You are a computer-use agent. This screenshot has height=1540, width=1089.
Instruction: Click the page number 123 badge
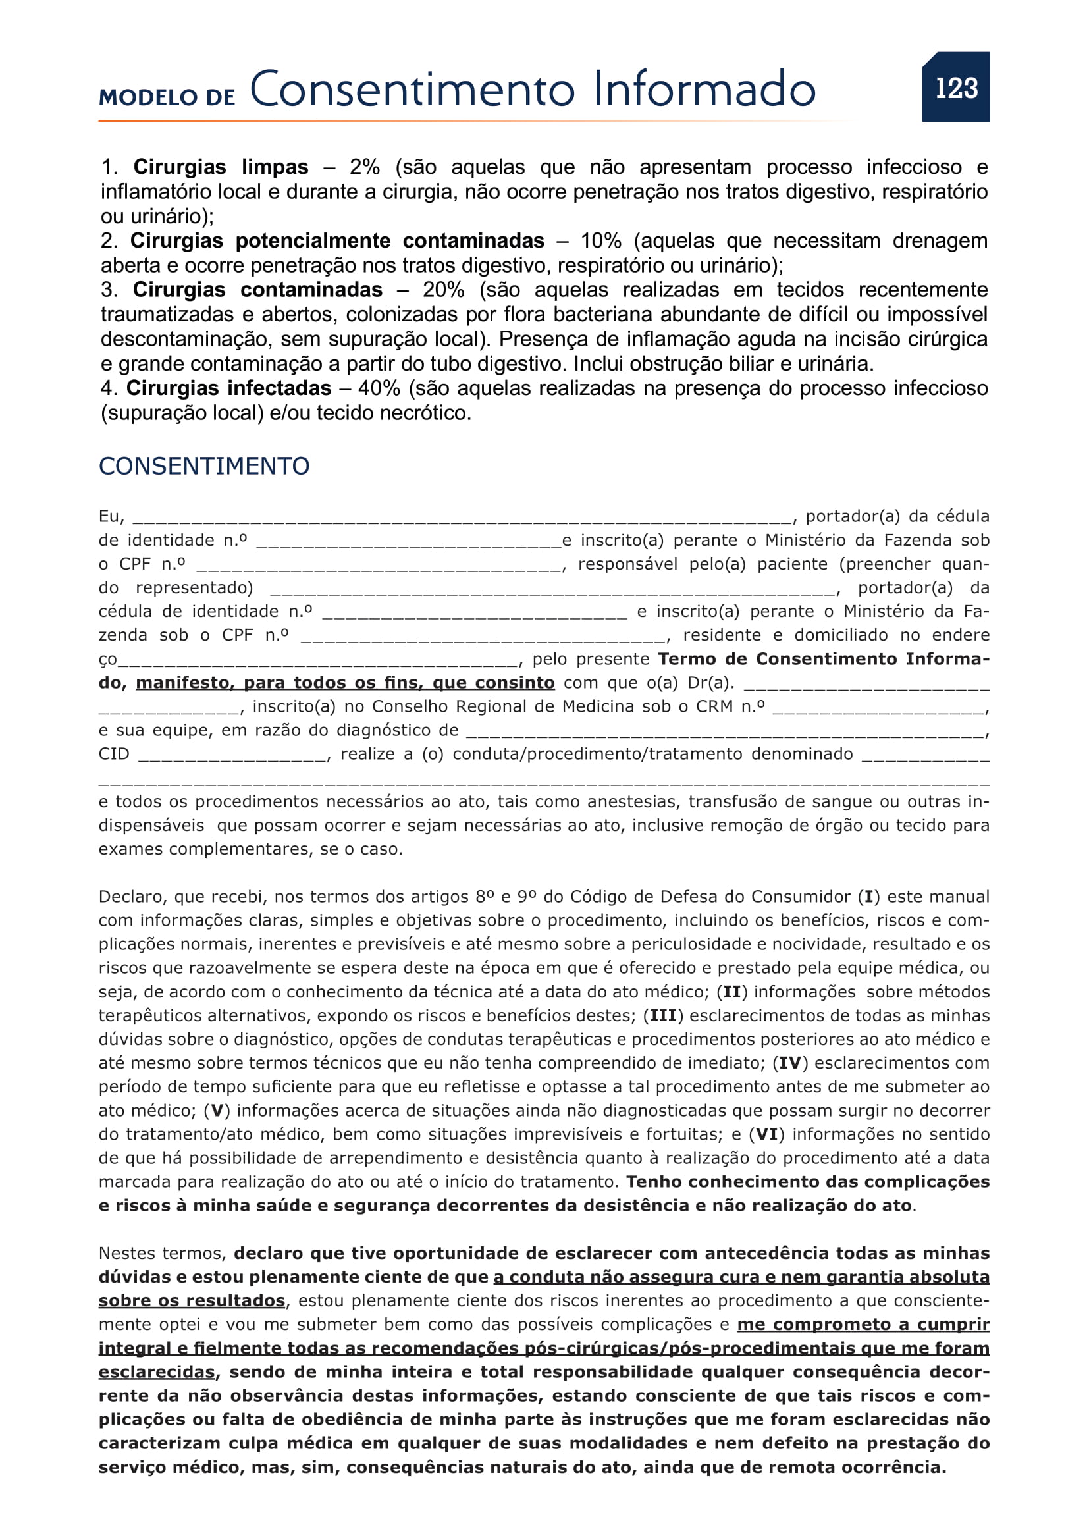click(x=955, y=87)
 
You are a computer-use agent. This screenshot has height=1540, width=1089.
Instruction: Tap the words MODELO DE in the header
click(x=167, y=97)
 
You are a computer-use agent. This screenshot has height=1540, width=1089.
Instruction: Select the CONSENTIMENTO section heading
click(x=204, y=466)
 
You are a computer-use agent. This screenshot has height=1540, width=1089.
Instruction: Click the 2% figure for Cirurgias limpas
click(x=365, y=167)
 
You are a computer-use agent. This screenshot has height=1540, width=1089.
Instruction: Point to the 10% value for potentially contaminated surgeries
click(x=601, y=241)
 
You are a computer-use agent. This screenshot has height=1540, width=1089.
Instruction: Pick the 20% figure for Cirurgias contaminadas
click(x=443, y=290)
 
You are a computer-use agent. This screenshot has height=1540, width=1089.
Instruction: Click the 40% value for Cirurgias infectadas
click(x=379, y=388)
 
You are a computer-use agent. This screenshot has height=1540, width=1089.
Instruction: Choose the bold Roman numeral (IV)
click(x=790, y=1063)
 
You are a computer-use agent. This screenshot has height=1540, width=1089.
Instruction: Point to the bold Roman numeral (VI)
click(x=766, y=1134)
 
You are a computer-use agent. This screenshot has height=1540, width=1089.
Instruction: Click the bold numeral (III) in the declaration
click(x=663, y=1015)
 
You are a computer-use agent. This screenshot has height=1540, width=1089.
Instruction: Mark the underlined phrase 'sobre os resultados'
click(x=192, y=1300)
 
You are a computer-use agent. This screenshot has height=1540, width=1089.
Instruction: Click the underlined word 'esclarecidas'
click(x=156, y=1371)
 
